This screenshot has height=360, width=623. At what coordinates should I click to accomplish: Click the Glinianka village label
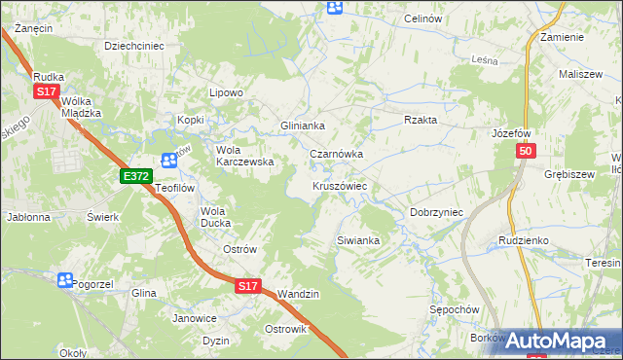click(x=302, y=126)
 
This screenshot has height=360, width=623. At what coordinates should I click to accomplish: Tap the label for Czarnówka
click(x=336, y=154)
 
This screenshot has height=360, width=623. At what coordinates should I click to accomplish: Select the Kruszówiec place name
click(x=339, y=185)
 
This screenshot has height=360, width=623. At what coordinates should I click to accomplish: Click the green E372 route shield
click(x=136, y=176)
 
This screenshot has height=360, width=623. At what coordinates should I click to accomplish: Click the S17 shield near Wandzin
click(x=247, y=286)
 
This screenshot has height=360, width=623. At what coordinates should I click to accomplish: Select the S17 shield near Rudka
click(x=46, y=91)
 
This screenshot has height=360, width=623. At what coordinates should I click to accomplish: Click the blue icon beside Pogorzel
click(x=64, y=280)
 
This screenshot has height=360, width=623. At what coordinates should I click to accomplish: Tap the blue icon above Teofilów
click(x=169, y=161)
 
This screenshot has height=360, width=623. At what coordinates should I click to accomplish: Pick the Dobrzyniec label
click(x=435, y=211)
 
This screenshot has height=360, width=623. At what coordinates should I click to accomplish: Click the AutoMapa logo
click(x=559, y=341)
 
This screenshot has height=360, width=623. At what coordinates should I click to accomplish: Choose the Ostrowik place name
click(x=285, y=329)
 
